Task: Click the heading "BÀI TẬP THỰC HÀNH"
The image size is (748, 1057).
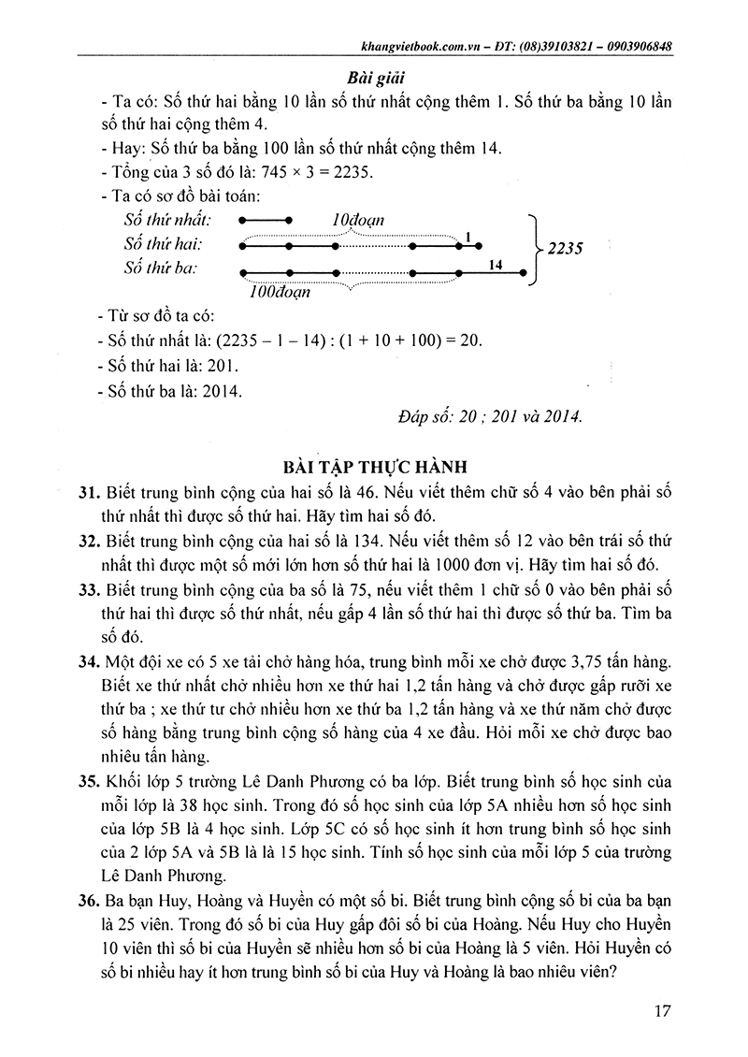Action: pos(374,464)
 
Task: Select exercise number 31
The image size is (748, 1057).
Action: pos(89,492)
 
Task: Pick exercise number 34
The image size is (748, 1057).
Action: pos(89,662)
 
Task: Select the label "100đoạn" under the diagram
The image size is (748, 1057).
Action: pos(280,291)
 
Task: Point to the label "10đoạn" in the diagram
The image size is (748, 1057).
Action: pos(358,218)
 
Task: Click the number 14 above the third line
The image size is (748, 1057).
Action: pos(496,265)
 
